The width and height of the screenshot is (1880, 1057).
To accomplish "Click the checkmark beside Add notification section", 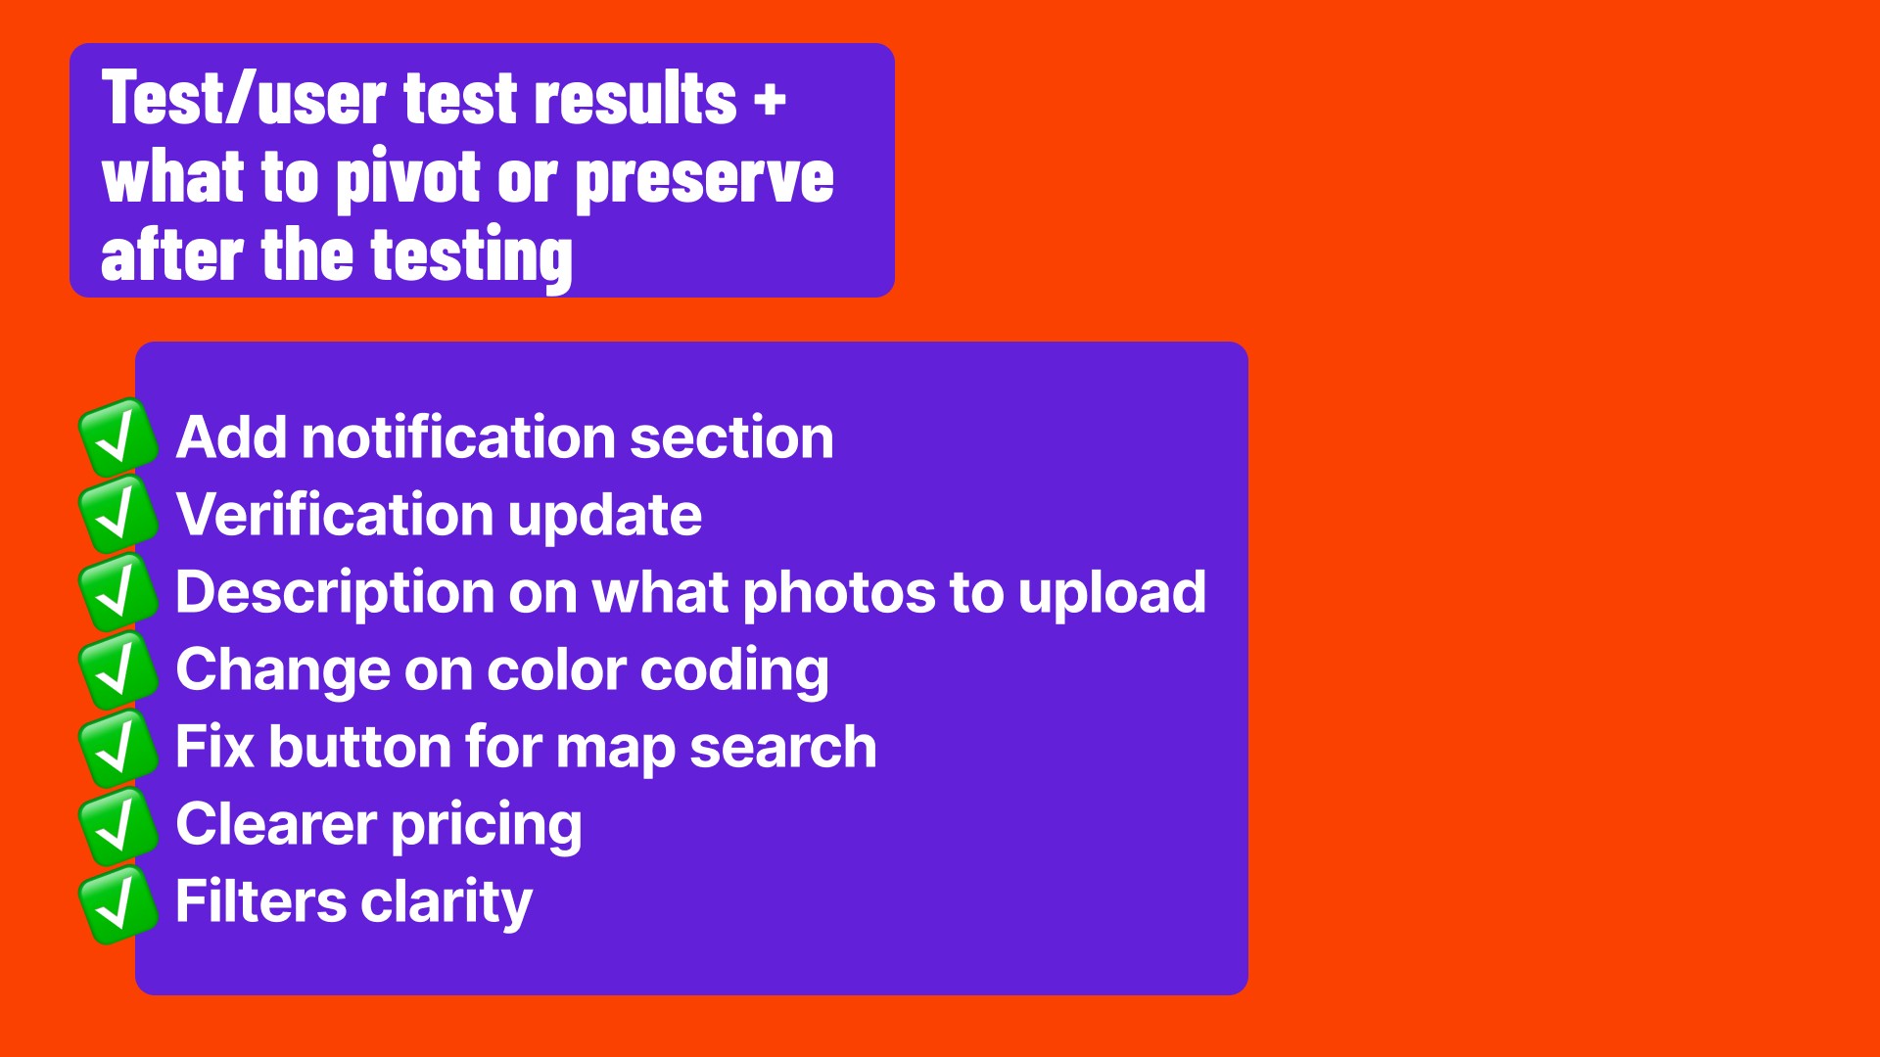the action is tap(118, 437).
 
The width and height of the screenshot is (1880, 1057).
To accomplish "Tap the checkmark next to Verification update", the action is tap(118, 515).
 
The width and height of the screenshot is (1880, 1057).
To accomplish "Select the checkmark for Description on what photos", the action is tap(118, 592).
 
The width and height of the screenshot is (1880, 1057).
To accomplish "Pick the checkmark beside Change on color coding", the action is tap(118, 669).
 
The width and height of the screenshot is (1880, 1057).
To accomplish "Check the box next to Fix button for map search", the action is tap(118, 748).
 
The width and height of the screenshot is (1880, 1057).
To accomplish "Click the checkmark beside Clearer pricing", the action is tap(118, 825).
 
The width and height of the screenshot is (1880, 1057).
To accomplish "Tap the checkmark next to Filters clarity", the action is tap(118, 902).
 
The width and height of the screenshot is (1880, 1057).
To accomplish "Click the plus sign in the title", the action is tap(770, 99).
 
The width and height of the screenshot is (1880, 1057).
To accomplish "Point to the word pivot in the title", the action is tap(408, 180).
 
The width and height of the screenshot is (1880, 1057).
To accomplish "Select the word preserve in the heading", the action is tap(705, 181).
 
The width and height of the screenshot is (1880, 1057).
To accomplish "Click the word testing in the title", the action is tap(472, 257).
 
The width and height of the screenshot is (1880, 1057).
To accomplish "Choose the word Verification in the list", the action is tap(334, 514).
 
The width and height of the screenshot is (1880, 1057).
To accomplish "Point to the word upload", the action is tap(1111, 593).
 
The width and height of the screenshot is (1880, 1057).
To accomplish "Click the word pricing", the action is tap(487, 825).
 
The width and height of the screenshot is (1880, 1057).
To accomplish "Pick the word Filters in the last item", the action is tap(261, 901).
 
